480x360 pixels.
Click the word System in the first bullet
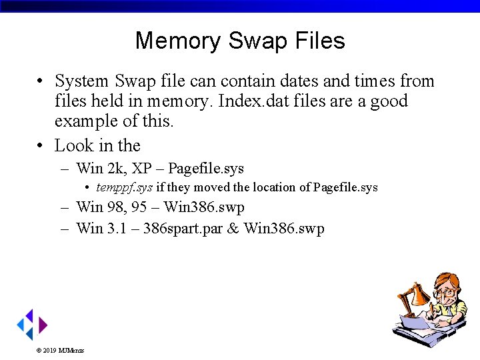(81, 81)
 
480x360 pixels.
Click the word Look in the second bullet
(71, 145)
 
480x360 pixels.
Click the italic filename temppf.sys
(124, 187)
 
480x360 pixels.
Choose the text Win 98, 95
(111, 207)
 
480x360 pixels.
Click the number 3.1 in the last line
(115, 229)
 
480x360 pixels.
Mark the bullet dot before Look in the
(41, 145)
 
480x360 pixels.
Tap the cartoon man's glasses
(446, 293)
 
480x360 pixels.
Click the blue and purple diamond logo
(31, 325)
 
